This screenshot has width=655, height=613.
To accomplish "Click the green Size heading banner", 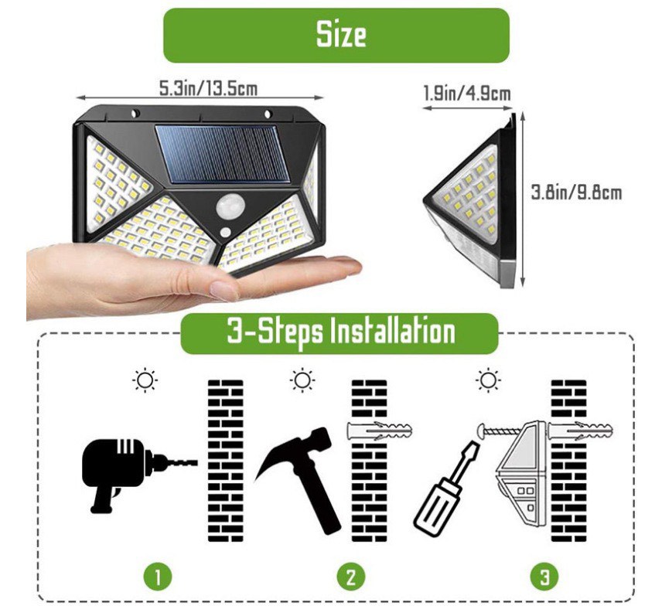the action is point(336,36).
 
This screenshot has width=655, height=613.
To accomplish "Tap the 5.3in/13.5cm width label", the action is point(208,89).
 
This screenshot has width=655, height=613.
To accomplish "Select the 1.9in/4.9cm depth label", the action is point(467,93).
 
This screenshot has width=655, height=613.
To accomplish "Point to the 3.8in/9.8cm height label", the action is point(576,192).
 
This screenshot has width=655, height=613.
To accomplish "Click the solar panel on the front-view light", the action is point(223,154).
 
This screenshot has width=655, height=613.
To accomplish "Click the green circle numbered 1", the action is point(158,577).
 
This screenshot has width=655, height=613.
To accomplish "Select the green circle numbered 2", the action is point(351,577).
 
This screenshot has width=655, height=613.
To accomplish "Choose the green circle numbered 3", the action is point(544,577).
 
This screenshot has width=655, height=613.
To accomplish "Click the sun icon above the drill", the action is point(145,380).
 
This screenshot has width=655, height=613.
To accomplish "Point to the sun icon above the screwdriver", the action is point(488,380).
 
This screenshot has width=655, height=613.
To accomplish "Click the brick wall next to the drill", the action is point(226,461).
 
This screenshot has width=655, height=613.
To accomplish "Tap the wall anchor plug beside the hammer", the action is point(379,431).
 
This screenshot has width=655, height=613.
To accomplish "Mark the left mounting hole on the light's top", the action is point(135,113).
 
